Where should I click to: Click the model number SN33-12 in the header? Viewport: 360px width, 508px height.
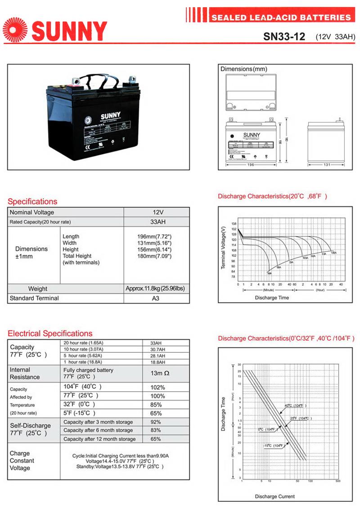pos(284,36)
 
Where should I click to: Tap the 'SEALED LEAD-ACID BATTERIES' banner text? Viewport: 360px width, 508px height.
pos(281,18)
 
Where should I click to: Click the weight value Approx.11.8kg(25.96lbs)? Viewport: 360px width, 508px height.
pos(155,289)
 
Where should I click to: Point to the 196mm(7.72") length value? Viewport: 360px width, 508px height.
pos(154,236)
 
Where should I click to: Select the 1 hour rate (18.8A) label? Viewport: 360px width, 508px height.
pos(82,361)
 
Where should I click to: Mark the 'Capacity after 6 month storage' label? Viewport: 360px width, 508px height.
pos(98,430)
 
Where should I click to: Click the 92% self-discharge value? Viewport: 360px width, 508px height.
pos(156,422)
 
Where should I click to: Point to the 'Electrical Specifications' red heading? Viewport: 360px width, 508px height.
pos(50,334)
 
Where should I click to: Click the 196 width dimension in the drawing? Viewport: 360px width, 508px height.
pos(250,165)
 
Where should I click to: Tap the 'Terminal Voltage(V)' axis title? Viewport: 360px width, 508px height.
pos(223,248)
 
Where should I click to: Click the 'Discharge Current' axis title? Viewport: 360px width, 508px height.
pos(275,496)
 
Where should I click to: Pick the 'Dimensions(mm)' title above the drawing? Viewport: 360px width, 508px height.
pos(244,69)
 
